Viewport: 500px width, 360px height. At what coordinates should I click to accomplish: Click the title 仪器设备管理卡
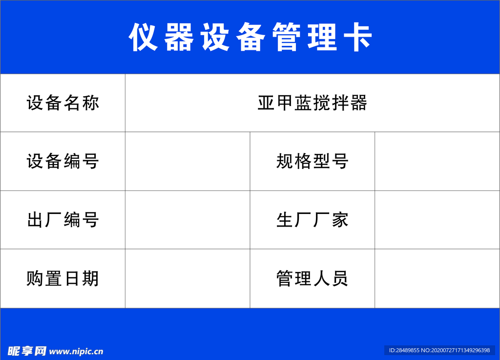250,37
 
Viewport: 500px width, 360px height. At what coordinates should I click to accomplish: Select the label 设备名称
63,103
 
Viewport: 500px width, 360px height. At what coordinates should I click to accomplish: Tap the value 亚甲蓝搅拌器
312,103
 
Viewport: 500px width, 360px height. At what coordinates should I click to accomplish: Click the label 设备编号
63,161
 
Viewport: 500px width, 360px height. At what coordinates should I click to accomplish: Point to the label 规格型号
312,161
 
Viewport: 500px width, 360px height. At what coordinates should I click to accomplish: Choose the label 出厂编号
63,220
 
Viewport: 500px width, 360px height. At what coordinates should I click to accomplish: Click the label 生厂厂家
312,220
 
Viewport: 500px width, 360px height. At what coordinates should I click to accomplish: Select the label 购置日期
63,278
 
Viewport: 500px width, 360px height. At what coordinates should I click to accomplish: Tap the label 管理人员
312,278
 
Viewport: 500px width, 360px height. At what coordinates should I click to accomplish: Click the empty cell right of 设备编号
187,161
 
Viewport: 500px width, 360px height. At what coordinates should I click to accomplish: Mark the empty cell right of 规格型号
437,161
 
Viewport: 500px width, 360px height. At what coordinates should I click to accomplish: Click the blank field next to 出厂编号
187,220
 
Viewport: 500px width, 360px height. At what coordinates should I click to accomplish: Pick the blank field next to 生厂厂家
437,220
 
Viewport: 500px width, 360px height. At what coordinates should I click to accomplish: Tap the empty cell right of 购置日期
187,278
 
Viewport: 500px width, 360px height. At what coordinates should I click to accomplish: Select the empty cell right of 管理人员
437,278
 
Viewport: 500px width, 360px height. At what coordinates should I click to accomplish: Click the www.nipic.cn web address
76,351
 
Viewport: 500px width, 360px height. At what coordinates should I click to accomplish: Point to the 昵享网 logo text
27,351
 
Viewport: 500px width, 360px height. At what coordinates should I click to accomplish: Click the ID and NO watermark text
439,350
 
